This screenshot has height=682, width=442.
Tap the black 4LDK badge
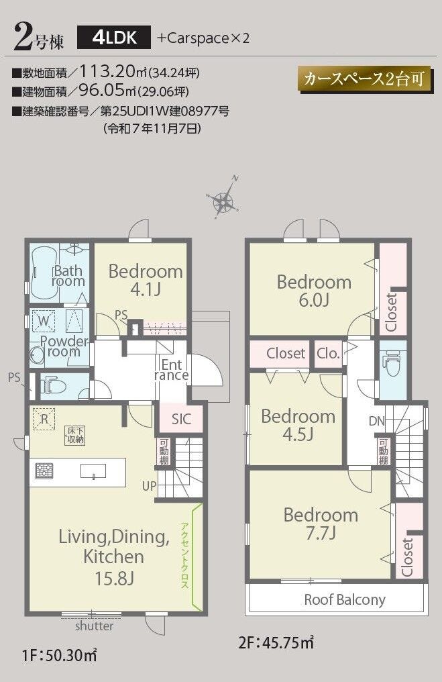(114, 38)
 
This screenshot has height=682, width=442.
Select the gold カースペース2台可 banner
(366, 79)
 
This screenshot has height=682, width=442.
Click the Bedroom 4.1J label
(146, 280)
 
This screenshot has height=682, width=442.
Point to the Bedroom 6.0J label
(314, 291)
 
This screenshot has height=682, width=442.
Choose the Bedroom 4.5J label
(298, 425)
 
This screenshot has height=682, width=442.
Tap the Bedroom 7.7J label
(321, 523)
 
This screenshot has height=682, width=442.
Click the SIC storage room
(181, 418)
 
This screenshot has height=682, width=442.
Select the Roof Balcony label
(345, 600)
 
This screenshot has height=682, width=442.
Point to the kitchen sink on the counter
(93, 471)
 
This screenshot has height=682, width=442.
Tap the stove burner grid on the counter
(44, 471)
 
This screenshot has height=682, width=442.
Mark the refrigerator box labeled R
(44, 419)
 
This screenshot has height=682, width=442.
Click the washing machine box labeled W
(44, 321)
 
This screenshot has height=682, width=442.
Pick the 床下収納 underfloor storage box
(74, 436)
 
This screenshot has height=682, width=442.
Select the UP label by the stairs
(149, 486)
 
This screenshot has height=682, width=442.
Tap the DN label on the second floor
(377, 421)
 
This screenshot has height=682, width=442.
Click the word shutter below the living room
(95, 626)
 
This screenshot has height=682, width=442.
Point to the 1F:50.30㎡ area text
(59, 654)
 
